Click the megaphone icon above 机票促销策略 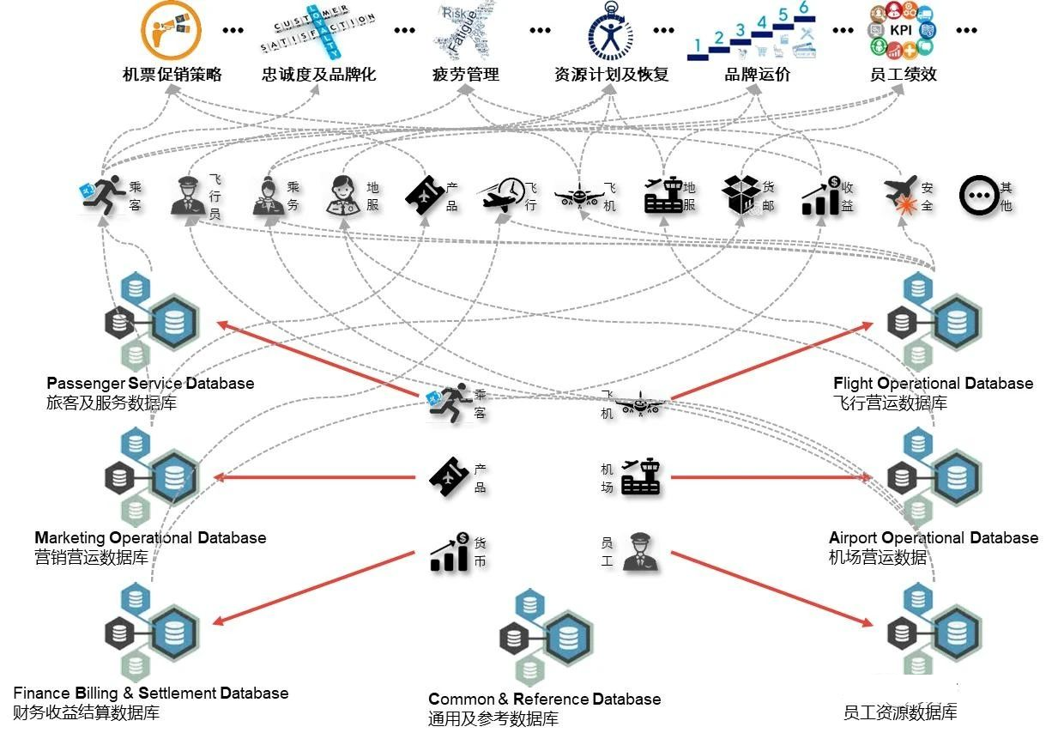coord(171,30)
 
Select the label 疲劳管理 coord(465,75)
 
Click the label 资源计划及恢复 coord(611,75)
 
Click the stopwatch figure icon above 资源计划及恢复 coord(610,31)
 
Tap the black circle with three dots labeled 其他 coord(977,195)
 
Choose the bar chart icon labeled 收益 coord(821,196)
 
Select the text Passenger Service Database coord(150,383)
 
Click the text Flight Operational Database coord(933,383)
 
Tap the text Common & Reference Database coord(544,699)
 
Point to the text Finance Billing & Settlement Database coord(151,693)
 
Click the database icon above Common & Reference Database coord(544,636)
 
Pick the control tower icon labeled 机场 coord(641,477)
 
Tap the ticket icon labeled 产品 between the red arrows coord(449,477)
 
